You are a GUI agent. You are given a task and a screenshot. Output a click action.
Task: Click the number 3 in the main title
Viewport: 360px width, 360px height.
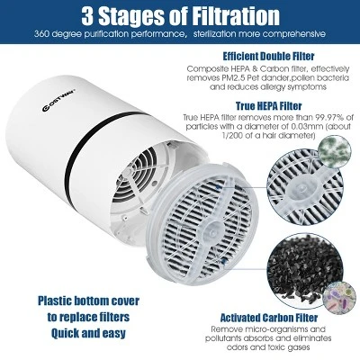click(x=87, y=16)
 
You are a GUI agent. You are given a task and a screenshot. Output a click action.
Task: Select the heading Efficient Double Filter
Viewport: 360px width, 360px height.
click(x=268, y=56)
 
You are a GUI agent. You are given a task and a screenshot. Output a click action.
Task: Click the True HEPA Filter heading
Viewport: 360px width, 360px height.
click(x=268, y=106)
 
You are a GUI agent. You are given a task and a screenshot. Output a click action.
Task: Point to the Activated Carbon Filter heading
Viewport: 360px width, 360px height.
click(x=269, y=318)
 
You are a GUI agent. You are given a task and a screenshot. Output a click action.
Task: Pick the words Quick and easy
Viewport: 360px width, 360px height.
click(x=88, y=333)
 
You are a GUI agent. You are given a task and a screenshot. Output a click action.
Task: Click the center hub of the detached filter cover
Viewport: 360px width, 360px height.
click(x=211, y=229)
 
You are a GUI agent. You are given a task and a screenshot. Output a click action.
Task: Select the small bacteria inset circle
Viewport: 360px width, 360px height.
click(x=339, y=299)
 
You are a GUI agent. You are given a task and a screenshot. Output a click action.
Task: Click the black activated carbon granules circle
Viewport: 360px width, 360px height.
click(x=304, y=269)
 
